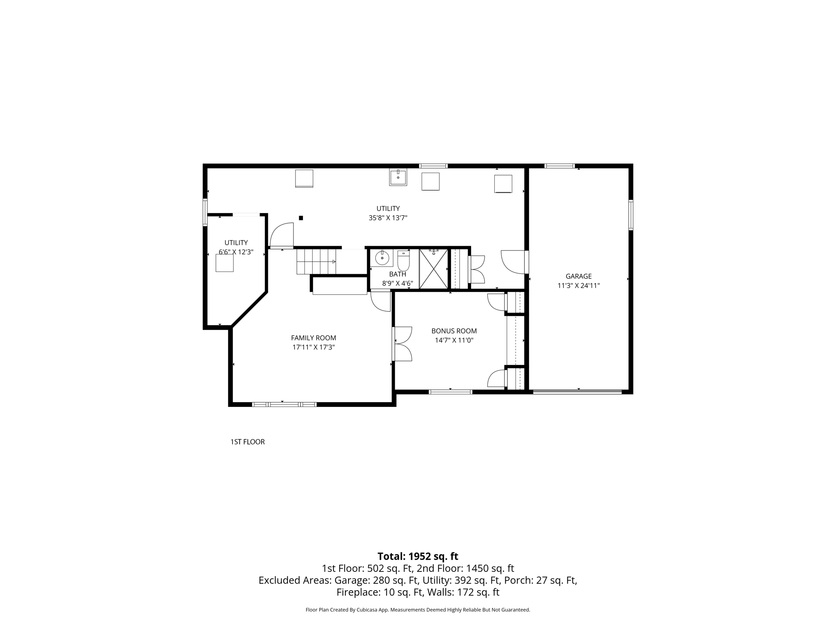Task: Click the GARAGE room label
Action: point(578,276)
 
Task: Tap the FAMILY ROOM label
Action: point(313,338)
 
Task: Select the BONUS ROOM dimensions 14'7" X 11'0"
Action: point(454,340)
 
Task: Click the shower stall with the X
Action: point(434,269)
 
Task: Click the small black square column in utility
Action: point(301,218)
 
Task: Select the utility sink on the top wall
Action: point(398,178)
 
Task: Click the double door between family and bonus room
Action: point(402,344)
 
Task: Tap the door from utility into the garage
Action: point(514,262)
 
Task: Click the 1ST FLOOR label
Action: point(247,442)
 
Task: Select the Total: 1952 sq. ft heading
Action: point(418,556)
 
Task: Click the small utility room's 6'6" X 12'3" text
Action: point(236,252)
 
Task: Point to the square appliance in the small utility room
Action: point(225,263)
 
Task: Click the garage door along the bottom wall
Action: point(578,392)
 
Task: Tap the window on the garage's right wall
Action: point(631,215)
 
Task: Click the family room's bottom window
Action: point(284,405)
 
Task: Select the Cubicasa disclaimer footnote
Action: point(418,610)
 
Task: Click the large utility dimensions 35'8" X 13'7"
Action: point(388,218)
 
